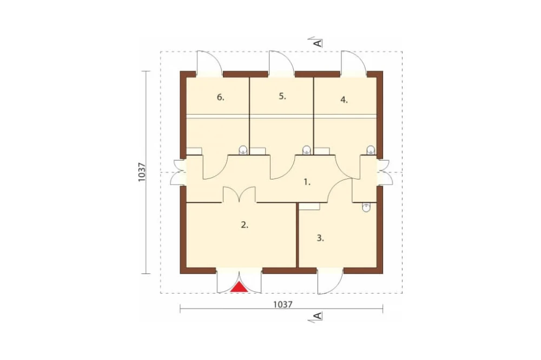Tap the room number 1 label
(x=307, y=182)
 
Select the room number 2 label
(x=245, y=225)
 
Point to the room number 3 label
(x=320, y=238)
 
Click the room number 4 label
(x=344, y=100)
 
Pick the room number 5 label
(x=282, y=97)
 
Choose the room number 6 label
(x=221, y=98)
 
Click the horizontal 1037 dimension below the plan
(x=283, y=304)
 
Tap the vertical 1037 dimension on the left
(x=141, y=172)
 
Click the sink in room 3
(x=366, y=207)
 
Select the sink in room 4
(x=371, y=150)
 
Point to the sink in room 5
(x=306, y=150)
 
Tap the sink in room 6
(x=243, y=150)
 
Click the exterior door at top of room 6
(x=209, y=63)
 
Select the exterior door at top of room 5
(x=281, y=63)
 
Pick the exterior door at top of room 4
(x=354, y=63)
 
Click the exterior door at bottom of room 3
(x=330, y=281)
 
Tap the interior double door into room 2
(x=239, y=195)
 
